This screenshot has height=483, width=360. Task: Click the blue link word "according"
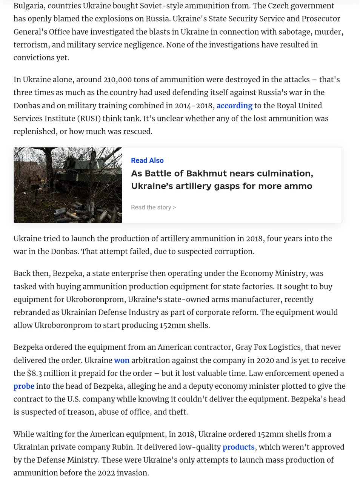234,106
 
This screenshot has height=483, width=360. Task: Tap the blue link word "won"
122,360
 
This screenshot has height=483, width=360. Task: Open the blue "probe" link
24,386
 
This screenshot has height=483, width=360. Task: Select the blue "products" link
238,447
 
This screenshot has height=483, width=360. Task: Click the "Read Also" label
147,160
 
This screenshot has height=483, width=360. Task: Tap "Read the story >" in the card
153,207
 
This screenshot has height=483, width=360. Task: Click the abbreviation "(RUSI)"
89,118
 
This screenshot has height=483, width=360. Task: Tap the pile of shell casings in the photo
81,211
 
